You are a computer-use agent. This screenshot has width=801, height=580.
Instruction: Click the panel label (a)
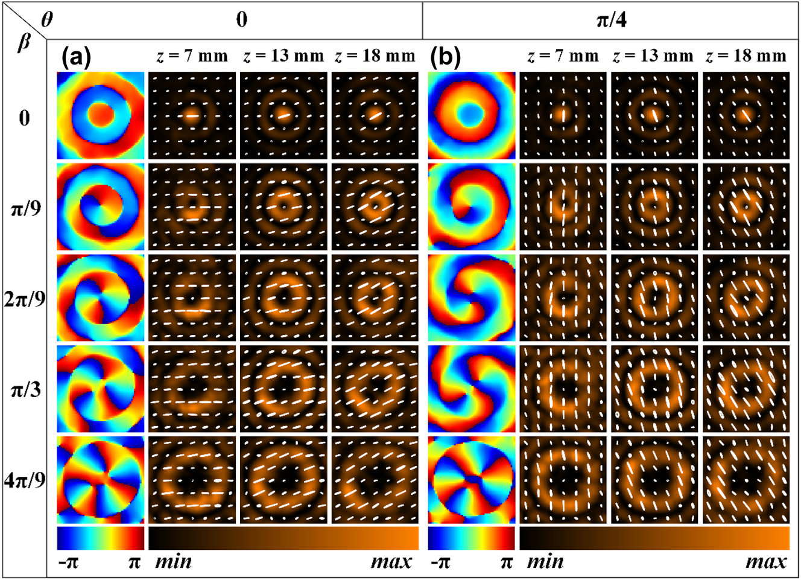pos(77,57)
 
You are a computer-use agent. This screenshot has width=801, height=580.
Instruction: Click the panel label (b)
pos(446,57)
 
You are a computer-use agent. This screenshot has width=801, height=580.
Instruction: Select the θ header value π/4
pos(611,21)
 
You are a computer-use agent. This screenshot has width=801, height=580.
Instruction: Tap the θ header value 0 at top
pos(242,20)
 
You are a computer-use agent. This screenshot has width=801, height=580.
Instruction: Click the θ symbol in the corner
pos(47,19)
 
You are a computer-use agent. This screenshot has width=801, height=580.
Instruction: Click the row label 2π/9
pos(25,298)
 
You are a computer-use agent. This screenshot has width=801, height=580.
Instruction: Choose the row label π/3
pos(25,389)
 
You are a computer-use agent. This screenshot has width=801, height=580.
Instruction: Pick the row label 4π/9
pos(25,480)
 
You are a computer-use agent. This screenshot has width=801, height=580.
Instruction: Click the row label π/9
pos(25,208)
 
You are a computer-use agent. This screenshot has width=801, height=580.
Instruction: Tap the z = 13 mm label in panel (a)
pos(283,56)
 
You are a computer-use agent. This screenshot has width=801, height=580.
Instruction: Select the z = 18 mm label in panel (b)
pos(746,56)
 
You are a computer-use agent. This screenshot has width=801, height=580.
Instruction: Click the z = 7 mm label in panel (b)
pos(563,56)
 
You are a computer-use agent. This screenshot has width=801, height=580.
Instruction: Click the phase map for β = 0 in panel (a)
pos(101,115)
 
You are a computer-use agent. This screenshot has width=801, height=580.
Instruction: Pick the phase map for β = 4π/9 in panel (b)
pos(472,480)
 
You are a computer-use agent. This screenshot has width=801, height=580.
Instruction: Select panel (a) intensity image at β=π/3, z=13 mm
pos(283,388)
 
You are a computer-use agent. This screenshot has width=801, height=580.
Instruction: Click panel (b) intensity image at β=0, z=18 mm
pos(746,115)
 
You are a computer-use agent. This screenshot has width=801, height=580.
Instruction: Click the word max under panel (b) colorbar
pos(766,562)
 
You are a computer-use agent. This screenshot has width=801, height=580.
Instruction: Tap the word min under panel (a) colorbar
pos(174,562)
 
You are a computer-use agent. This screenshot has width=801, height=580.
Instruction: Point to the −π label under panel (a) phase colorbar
pos(68,562)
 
